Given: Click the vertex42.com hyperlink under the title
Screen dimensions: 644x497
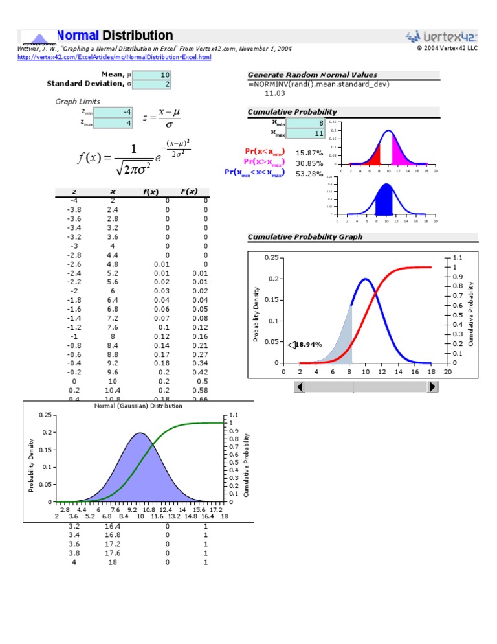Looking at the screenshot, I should pos(114,57).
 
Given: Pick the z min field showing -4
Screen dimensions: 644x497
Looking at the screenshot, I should pos(113,112).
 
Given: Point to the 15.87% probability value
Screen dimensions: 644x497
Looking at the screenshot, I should pos(309,152).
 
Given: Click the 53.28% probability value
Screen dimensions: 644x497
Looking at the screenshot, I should pos(309,173).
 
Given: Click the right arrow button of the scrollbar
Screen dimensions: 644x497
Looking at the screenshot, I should pos(433,387).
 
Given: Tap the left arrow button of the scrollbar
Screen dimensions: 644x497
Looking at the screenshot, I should pos(300,387).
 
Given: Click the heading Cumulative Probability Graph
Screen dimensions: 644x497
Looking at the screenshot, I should pos(305,237).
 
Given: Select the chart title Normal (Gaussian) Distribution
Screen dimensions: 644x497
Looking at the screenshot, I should pos(138,406).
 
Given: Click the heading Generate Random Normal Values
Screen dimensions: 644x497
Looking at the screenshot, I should pos(312,75).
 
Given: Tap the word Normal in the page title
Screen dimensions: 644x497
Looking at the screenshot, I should pos(78,36).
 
